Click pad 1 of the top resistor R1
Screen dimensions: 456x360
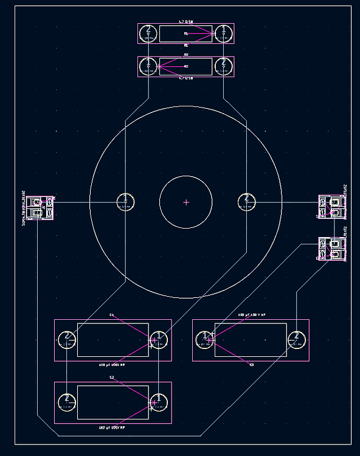[x=224, y=32]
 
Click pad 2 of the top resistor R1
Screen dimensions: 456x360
[x=148, y=32]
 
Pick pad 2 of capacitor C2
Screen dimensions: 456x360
[x=66, y=402]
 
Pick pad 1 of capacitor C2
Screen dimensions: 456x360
[x=158, y=402]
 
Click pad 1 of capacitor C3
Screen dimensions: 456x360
[x=205, y=339]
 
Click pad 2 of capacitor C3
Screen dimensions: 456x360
[x=296, y=339]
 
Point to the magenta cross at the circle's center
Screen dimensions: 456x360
[x=186, y=202]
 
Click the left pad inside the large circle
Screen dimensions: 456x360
[x=125, y=201]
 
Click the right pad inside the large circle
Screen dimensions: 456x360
[x=246, y=201]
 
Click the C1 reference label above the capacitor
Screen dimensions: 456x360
[x=112, y=315]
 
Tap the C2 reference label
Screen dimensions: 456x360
[x=112, y=378]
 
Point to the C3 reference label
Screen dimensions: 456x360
[x=252, y=365]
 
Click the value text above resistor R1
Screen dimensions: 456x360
[x=185, y=22]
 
